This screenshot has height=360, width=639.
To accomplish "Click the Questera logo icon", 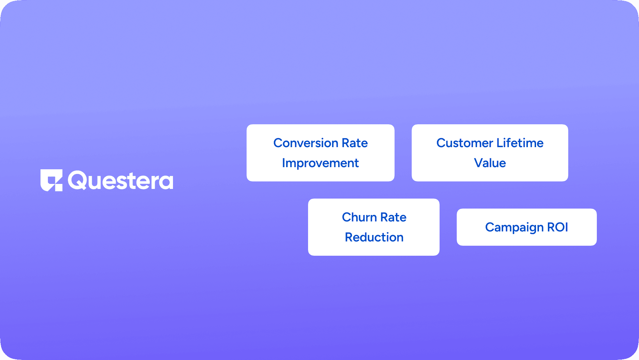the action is click(51, 180).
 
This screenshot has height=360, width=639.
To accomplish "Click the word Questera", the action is click(120, 180).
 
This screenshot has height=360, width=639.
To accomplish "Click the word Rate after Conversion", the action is click(355, 143).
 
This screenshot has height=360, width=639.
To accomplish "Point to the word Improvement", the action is click(321, 163).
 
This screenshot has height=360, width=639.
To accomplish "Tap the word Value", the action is click(490, 163).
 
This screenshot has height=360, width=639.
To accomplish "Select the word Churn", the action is click(360, 217).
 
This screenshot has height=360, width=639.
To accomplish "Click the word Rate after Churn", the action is click(393, 217).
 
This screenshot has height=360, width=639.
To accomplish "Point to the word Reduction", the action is click(374, 237).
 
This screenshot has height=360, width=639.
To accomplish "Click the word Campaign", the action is click(514, 227).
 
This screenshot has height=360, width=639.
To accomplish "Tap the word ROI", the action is click(558, 227).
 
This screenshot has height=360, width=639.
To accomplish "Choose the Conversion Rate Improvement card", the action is click(321, 153).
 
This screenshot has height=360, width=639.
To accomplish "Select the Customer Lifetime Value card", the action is click(490, 153).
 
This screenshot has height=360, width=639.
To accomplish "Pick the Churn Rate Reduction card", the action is click(374, 227).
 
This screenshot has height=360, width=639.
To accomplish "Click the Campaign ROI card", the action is click(527, 227).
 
